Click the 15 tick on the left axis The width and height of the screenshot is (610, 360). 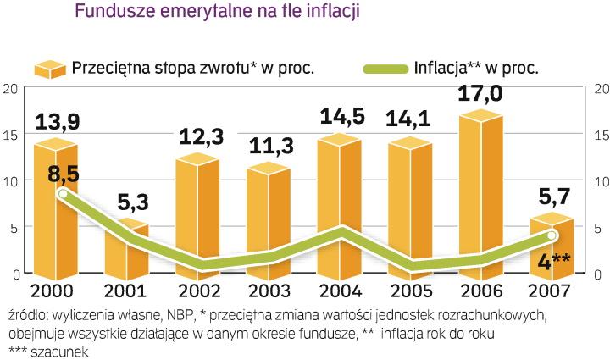pyautogui.click(x=10, y=135)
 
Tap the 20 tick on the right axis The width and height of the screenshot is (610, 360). pyautogui.click(x=600, y=89)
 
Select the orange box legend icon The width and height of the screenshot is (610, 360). pyautogui.click(x=50, y=68)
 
